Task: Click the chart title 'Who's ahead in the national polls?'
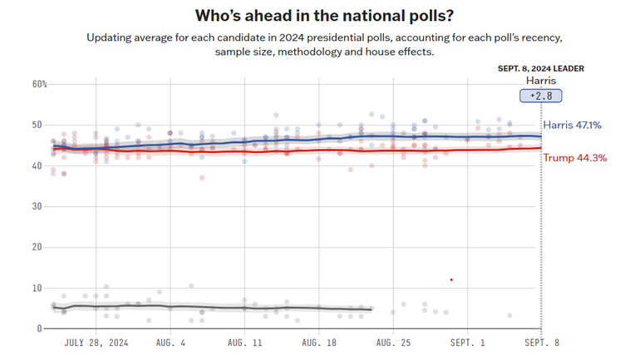pyautogui.click(x=319, y=16)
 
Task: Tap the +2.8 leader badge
pyautogui.click(x=541, y=96)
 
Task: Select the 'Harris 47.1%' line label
pyautogui.click(x=572, y=126)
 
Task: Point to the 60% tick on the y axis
pyautogui.click(x=40, y=84)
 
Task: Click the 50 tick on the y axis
pyautogui.click(x=37, y=125)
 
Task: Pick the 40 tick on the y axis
pyautogui.click(x=37, y=165)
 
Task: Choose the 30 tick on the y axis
pyautogui.click(x=37, y=206)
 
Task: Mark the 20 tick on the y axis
pyautogui.click(x=37, y=247)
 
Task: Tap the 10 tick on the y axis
pyautogui.click(x=37, y=288)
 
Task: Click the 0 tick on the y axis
pyautogui.click(x=39, y=328)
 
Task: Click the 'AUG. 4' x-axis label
pyautogui.click(x=171, y=343)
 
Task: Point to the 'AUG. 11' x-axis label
pyautogui.click(x=244, y=343)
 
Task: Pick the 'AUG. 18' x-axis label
pyautogui.click(x=318, y=343)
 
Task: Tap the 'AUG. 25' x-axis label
pyautogui.click(x=392, y=343)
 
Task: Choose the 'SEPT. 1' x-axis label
pyautogui.click(x=466, y=343)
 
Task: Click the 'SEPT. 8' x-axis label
pyautogui.click(x=541, y=343)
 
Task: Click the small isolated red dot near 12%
pyautogui.click(x=450, y=279)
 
